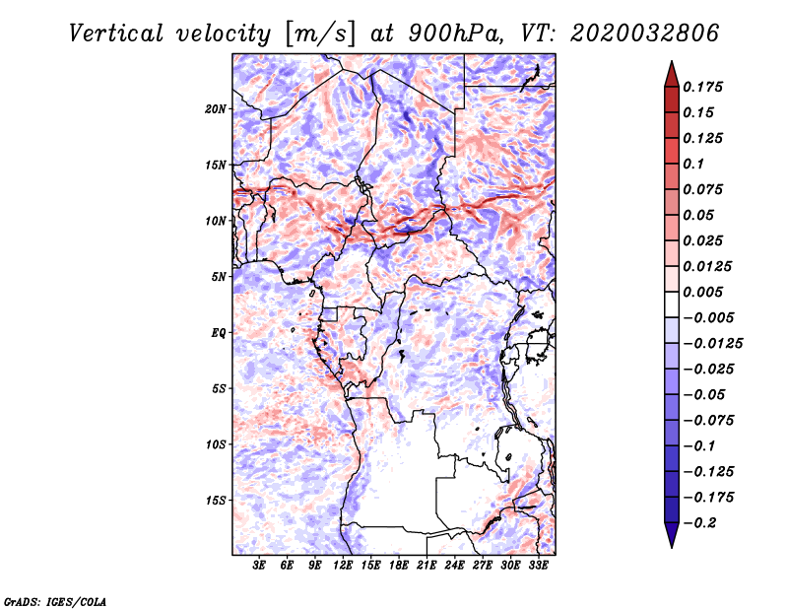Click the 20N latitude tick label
[x=216, y=109]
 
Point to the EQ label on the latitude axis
[x=219, y=333]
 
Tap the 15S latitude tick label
[x=216, y=501]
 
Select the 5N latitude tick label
[x=219, y=277]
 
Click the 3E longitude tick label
[x=259, y=566]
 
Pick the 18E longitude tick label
[x=399, y=566]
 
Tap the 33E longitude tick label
[x=538, y=566]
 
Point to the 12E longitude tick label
[x=343, y=566]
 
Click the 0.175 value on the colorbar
[x=702, y=87]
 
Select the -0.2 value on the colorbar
[x=699, y=523]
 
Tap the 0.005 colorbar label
[x=702, y=292]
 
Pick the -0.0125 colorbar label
[x=713, y=344]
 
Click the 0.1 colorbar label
[x=693, y=164]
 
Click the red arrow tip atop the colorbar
[x=672, y=61]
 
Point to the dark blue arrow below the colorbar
[x=672, y=535]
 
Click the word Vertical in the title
[x=116, y=34]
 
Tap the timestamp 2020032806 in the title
[x=644, y=34]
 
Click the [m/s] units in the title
[x=320, y=34]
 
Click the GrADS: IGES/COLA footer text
[x=55, y=601]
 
